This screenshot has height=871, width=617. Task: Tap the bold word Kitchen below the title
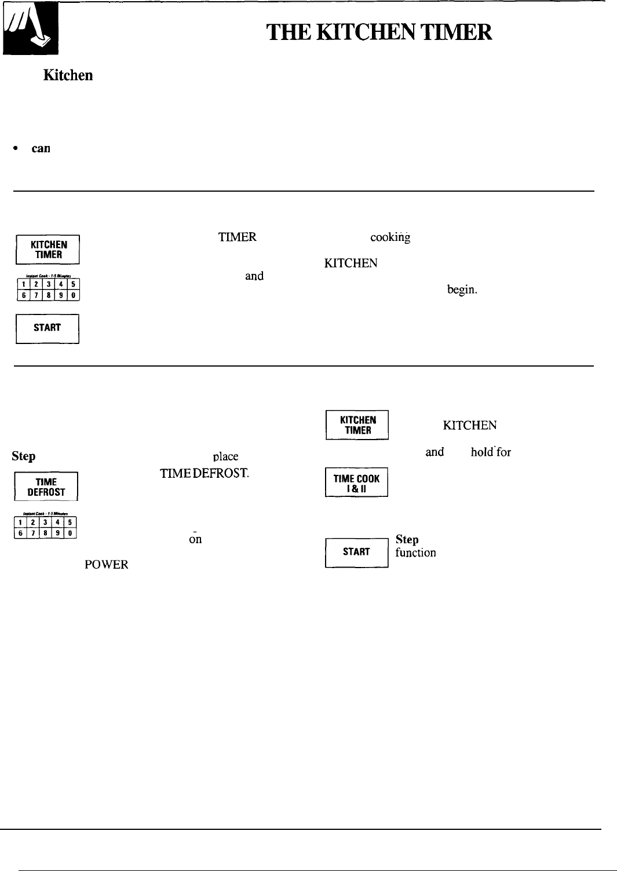pos(68,76)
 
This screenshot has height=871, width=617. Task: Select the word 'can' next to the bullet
pos(41,148)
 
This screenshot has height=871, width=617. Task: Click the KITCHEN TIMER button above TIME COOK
pos(357,425)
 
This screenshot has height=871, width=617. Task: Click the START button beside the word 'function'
pos(356,552)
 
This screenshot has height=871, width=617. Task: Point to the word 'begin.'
pos(462,290)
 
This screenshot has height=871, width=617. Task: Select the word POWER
pos(106,565)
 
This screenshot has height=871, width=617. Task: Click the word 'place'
pos(225,456)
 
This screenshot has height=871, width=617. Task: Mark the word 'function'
pos(415,553)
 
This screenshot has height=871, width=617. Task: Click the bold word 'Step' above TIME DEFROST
pos(23,456)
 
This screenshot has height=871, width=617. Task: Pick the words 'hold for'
pos(491,452)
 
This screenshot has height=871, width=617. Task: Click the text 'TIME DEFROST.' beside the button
pos(205,474)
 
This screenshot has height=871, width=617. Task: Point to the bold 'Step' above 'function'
pos(407,539)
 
